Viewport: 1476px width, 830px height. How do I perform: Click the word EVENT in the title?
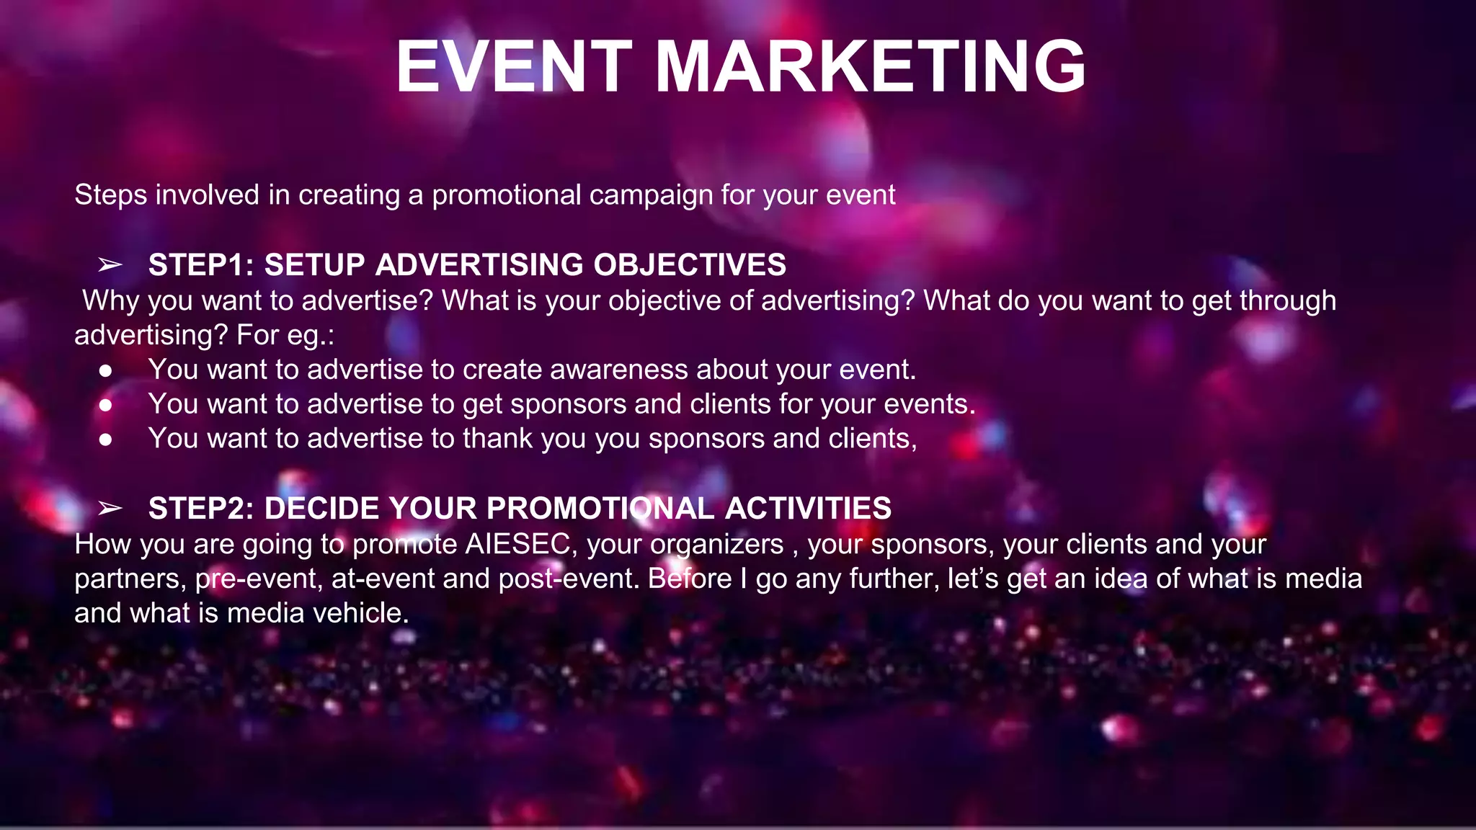tap(514, 66)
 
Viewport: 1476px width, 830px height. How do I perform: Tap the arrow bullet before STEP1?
tap(110, 265)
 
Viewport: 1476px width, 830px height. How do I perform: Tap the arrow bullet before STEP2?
tap(110, 509)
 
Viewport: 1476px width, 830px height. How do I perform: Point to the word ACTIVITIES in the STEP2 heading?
tap(808, 509)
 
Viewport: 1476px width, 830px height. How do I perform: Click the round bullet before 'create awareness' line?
tap(106, 371)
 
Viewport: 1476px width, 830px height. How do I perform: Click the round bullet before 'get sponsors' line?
tap(106, 406)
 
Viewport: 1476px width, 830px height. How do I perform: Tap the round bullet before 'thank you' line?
tap(106, 440)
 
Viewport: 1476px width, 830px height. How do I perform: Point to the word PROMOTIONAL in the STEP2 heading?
tap(600, 509)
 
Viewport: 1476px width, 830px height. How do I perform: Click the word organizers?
tap(716, 545)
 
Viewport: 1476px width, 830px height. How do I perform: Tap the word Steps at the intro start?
tap(111, 196)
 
